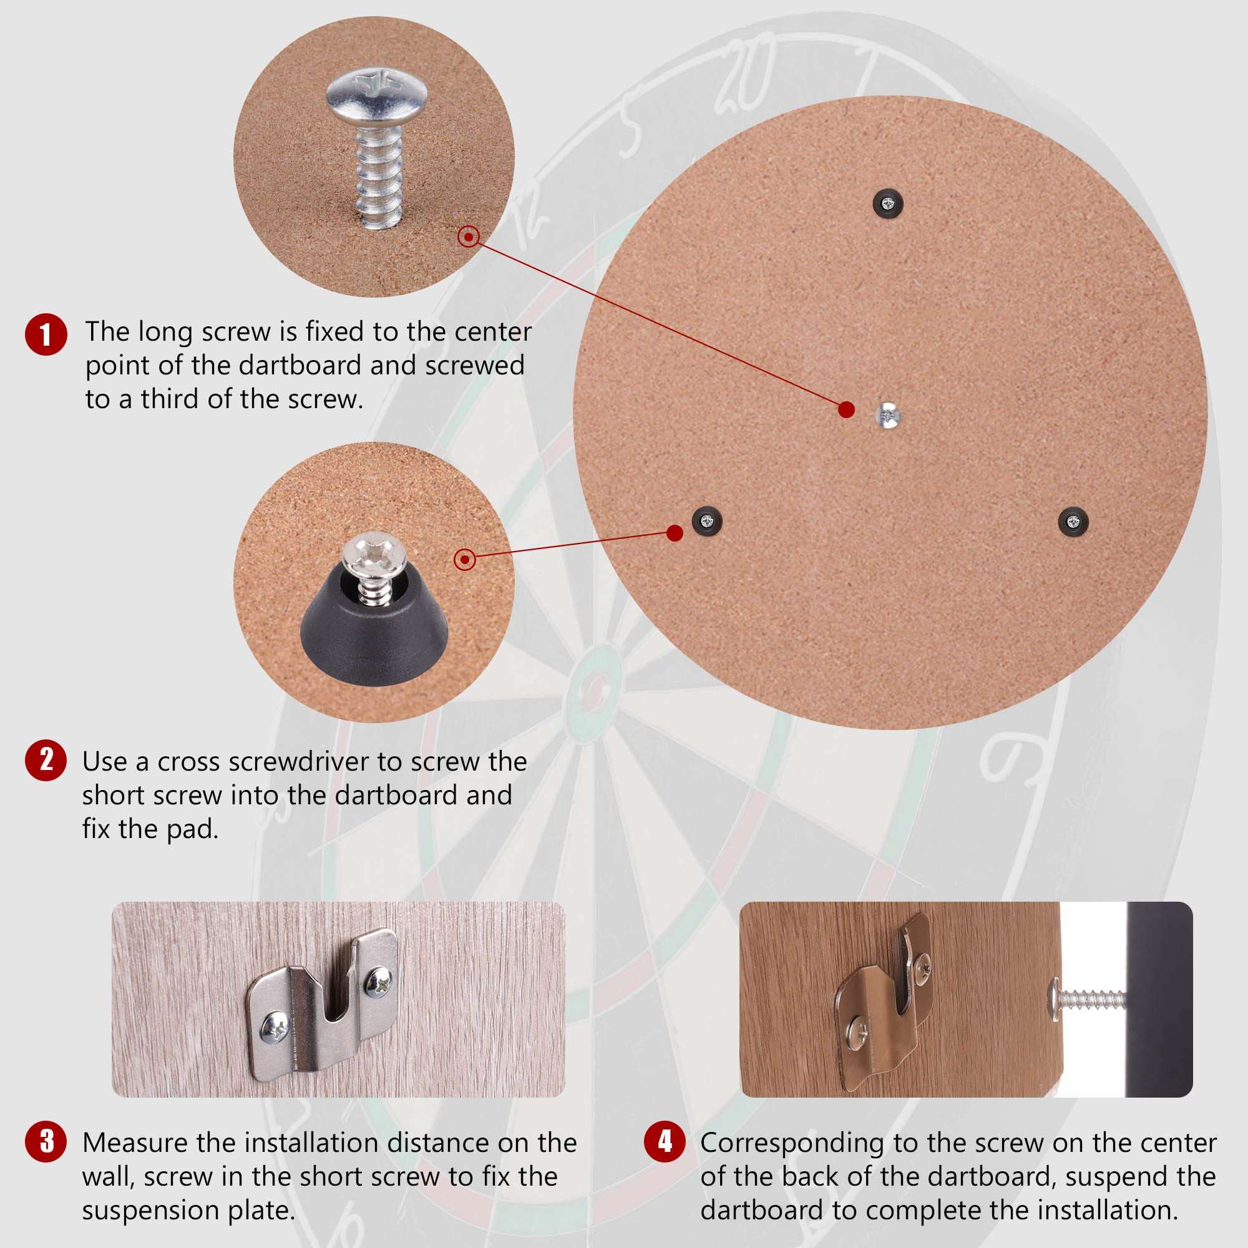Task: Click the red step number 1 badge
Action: pyautogui.click(x=46, y=334)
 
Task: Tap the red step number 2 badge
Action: pyautogui.click(x=46, y=760)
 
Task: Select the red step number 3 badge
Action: pyautogui.click(x=46, y=1141)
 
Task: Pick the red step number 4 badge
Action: pyautogui.click(x=665, y=1141)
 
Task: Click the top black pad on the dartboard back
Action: pyautogui.click(x=887, y=204)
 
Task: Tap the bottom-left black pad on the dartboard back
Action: pyautogui.click(x=707, y=520)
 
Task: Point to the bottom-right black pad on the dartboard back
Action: pyautogui.click(x=1073, y=521)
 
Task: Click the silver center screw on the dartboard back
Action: pyautogui.click(x=888, y=415)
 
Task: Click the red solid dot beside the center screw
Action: pyautogui.click(x=846, y=409)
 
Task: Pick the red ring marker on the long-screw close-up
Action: pyautogui.click(x=469, y=236)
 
